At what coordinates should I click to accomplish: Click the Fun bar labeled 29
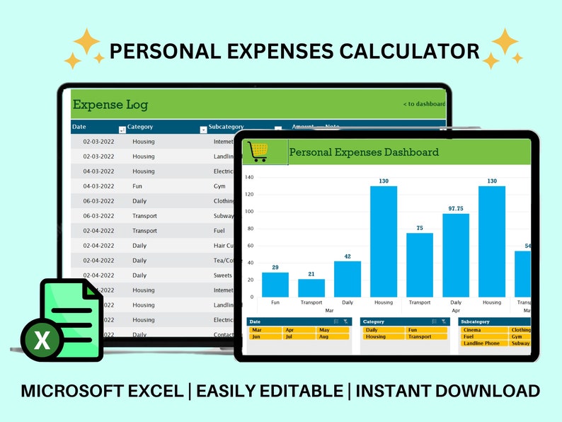pos(275,285)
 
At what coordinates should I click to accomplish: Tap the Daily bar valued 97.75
pos(456,255)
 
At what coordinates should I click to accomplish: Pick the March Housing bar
pos(384,241)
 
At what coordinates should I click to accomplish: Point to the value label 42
pos(347,256)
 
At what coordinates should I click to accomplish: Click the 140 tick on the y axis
pos(249,177)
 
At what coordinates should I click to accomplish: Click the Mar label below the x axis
pos(329,311)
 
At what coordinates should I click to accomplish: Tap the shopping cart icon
pos(258,152)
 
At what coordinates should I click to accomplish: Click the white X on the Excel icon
pos(42,341)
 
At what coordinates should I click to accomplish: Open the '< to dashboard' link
pos(424,104)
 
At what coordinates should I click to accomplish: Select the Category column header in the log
pos(140,127)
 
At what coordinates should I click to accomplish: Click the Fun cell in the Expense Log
pos(138,186)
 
